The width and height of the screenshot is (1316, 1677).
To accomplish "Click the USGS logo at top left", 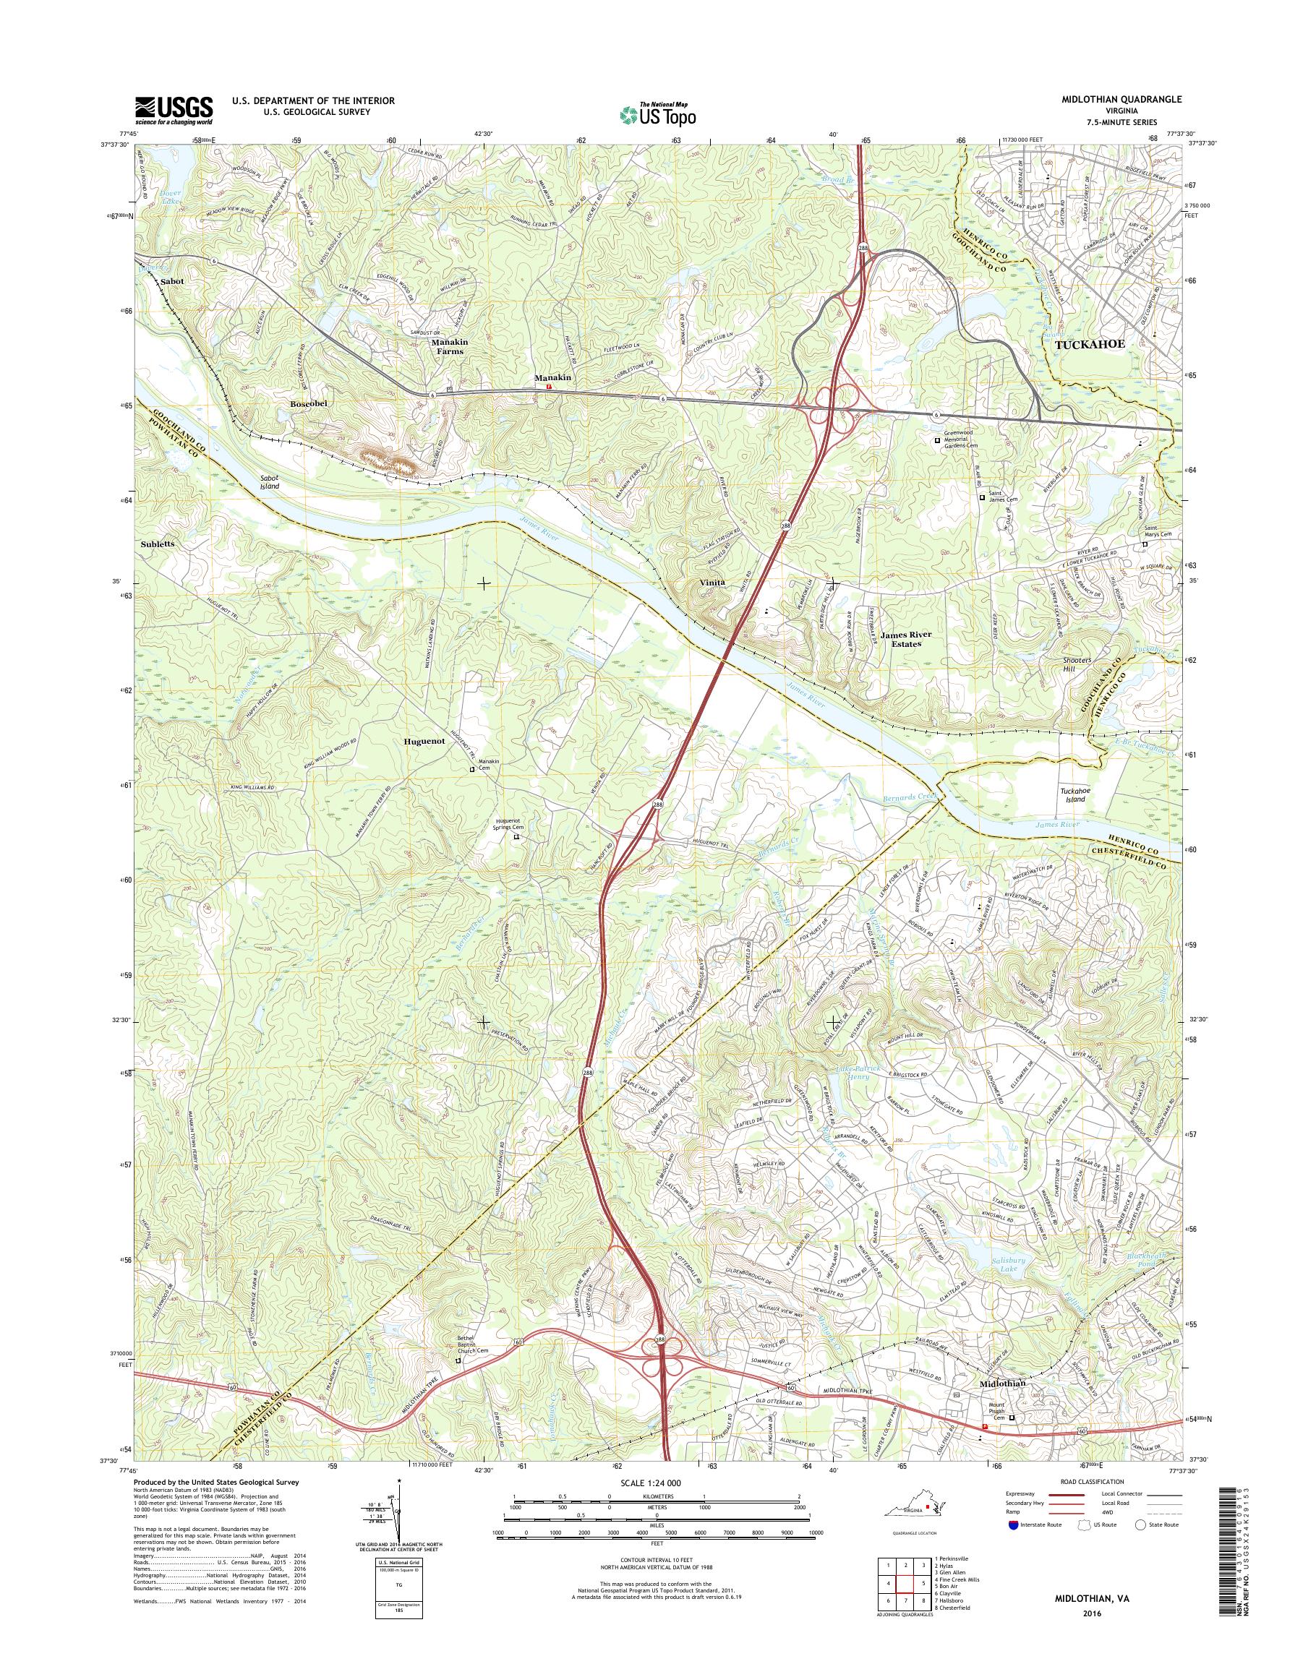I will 174,110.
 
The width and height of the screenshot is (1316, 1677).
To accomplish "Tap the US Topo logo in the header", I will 657,114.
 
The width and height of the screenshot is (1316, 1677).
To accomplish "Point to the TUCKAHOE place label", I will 1090,345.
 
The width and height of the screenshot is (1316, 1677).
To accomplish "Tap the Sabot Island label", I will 270,482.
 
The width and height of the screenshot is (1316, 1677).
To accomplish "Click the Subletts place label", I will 158,543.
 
